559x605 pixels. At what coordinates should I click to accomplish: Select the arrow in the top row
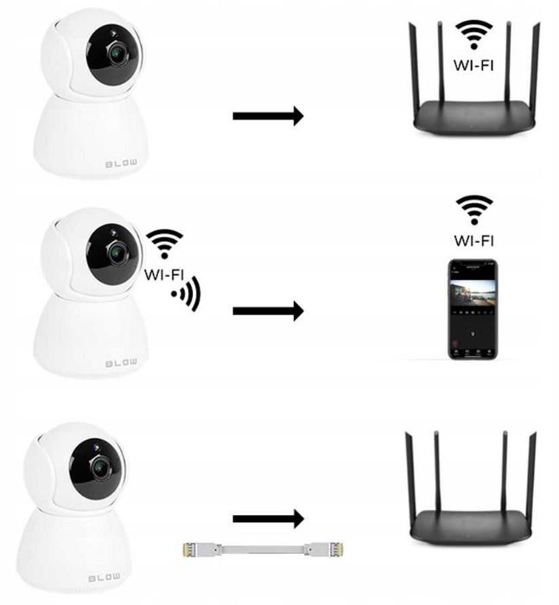tap(268, 115)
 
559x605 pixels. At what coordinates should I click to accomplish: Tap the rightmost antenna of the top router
tap(536, 69)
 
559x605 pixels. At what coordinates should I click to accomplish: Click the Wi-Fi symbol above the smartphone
tap(473, 209)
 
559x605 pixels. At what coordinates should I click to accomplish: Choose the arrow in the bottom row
tap(268, 519)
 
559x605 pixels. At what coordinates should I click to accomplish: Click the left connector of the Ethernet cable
tap(195, 548)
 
